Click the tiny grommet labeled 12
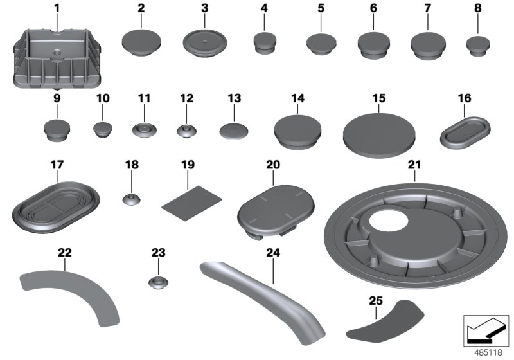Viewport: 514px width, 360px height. pyautogui.click(x=186, y=132)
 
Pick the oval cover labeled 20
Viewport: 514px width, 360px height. pyautogui.click(x=276, y=209)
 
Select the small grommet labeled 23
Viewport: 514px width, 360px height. pyautogui.click(x=157, y=282)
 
